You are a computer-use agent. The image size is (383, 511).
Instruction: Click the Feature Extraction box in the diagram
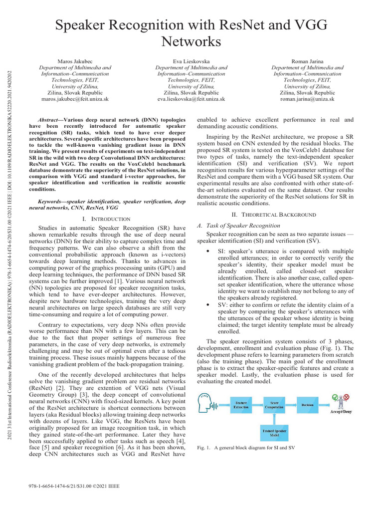click(x=241, y=406)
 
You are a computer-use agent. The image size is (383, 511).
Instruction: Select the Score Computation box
click(x=274, y=406)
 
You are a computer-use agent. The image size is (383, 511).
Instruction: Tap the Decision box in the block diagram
click(x=307, y=406)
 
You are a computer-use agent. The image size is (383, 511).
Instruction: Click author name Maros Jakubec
click(x=75, y=60)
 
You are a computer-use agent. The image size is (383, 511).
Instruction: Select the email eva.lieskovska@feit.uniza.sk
click(x=191, y=99)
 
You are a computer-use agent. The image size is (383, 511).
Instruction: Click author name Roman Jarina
click(x=307, y=60)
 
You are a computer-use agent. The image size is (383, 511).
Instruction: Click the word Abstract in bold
click(x=49, y=120)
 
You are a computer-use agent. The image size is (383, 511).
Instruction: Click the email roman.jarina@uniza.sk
click(x=307, y=99)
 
